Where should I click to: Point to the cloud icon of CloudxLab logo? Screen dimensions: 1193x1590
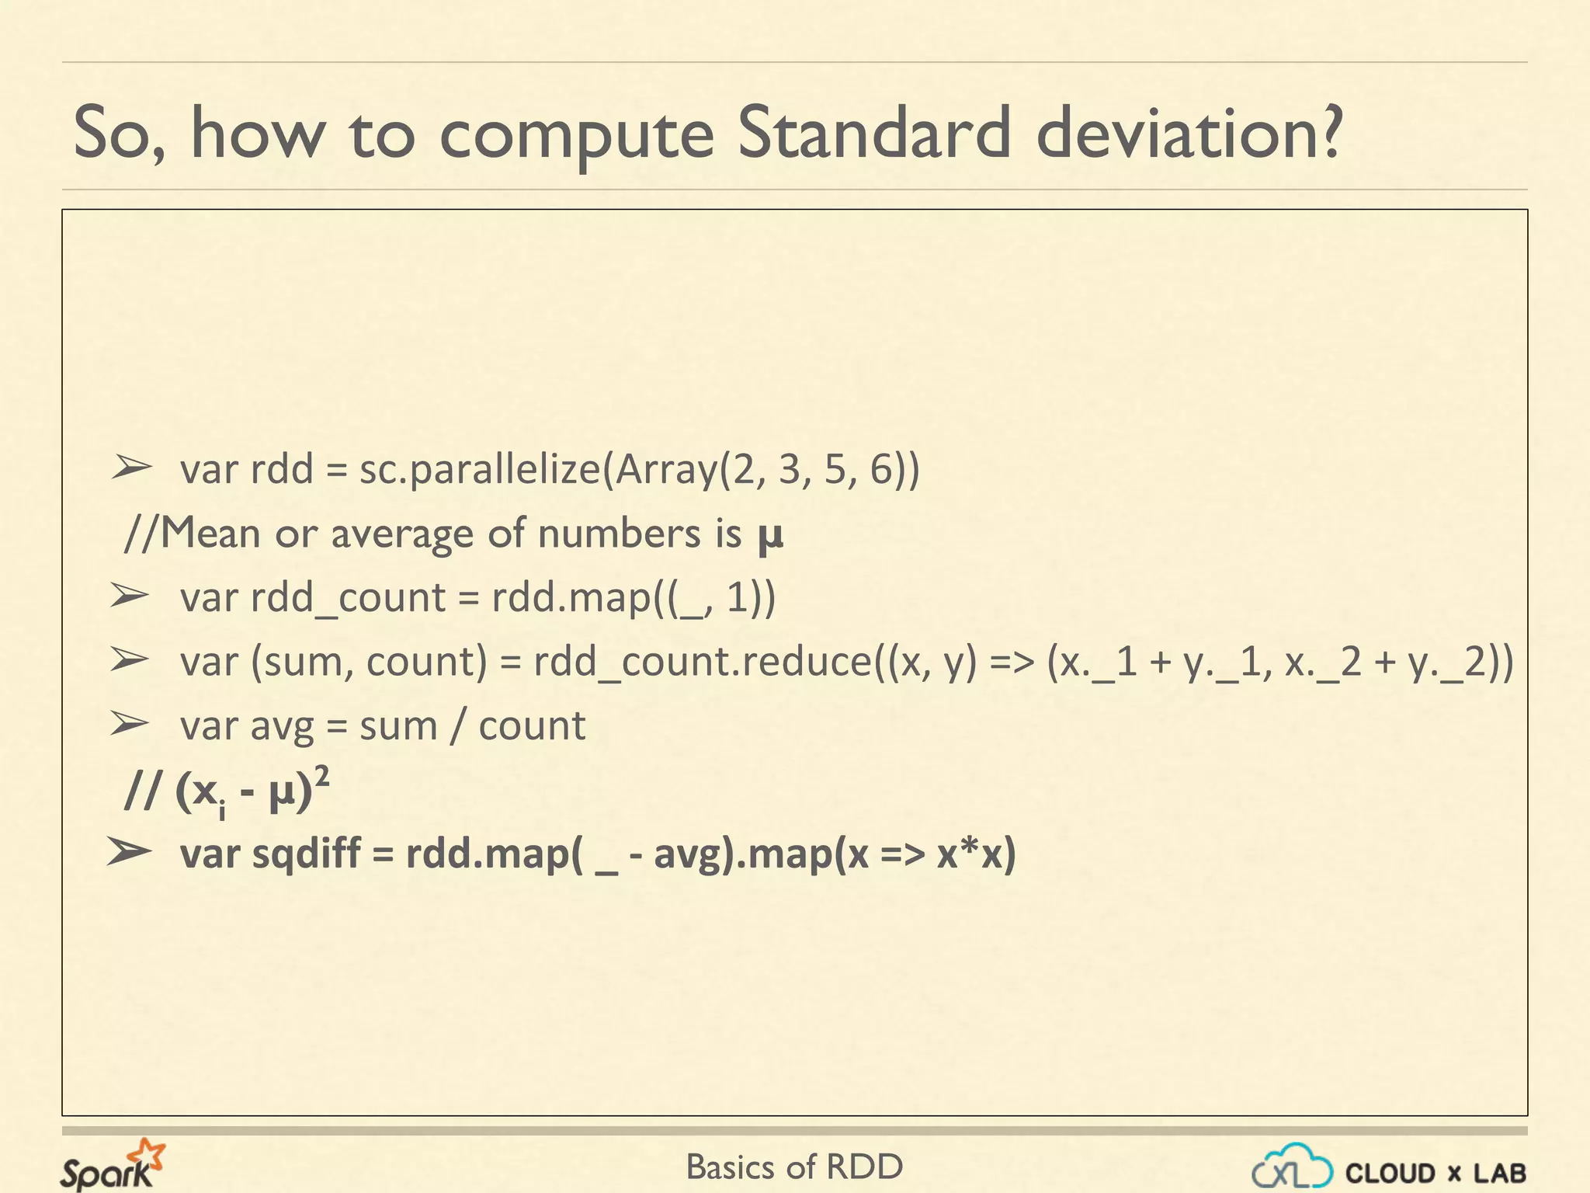(x=1293, y=1168)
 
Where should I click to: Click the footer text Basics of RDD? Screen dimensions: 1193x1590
(x=794, y=1167)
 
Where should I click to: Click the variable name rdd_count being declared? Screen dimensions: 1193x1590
(x=348, y=599)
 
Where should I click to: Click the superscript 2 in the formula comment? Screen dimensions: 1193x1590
(x=322, y=775)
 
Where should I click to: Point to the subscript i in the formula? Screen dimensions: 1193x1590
(x=222, y=811)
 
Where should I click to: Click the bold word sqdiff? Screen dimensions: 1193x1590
(x=307, y=854)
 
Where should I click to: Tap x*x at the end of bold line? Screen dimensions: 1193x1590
(x=970, y=854)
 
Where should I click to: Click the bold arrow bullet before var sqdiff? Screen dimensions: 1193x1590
(x=129, y=852)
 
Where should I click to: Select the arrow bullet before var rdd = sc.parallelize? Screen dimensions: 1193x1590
(x=130, y=468)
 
